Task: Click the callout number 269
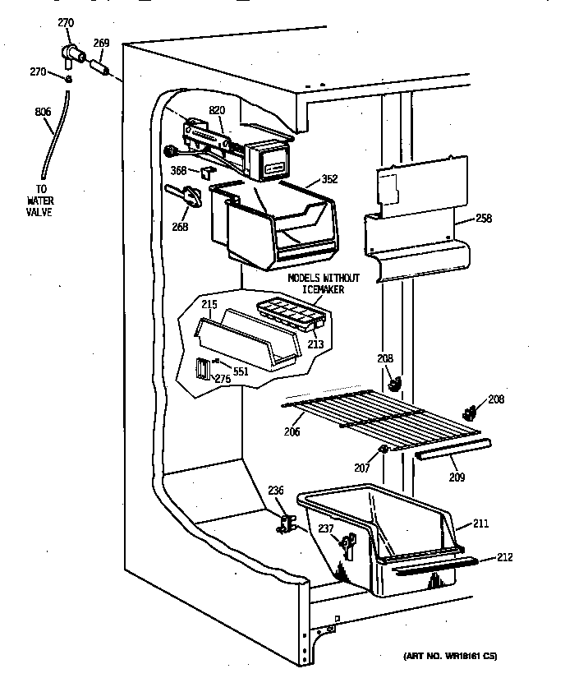101,44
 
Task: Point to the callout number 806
43,112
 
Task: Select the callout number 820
217,110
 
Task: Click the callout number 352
329,179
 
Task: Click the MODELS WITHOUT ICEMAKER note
315,284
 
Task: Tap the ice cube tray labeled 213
289,314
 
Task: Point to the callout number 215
209,305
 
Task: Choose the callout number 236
277,491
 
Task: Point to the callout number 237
326,528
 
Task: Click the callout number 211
480,522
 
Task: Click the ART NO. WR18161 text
450,656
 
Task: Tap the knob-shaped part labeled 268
188,197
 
